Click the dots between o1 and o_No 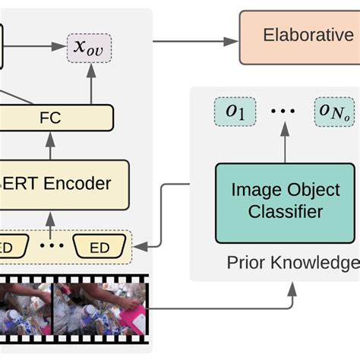coord(283,112)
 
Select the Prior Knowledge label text coord(292,263)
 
